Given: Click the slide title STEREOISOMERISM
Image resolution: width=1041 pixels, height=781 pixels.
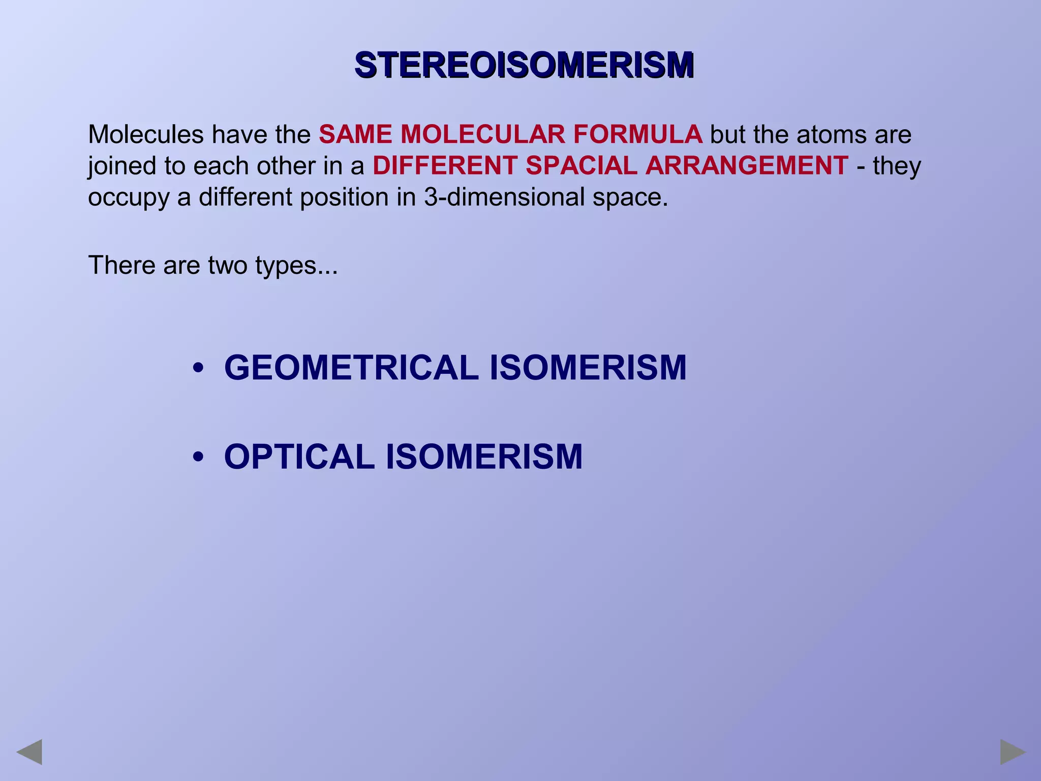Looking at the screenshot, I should pos(524,65).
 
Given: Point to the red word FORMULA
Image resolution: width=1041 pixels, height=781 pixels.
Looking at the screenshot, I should pos(637,135).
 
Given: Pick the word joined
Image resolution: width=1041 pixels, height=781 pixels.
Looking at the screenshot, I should pos(122,166).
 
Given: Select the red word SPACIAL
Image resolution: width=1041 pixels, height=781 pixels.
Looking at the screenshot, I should pos(581,166).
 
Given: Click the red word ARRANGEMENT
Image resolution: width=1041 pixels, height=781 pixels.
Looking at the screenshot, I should pos(747,166).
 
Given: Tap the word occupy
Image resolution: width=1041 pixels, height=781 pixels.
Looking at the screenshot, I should pos(128,197).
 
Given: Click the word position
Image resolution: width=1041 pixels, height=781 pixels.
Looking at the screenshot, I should pos(344,197).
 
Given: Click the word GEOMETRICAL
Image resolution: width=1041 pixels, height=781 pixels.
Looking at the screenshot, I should pos(351,368).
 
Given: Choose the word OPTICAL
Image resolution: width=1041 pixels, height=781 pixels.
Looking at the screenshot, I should pos(299,457).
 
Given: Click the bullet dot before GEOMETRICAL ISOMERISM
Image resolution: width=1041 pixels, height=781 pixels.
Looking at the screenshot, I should pos(198,367).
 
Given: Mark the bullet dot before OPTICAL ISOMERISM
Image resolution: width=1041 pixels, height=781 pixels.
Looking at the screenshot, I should pos(198,456).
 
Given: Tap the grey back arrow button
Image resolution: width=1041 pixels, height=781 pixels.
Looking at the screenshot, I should pos(29,752).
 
